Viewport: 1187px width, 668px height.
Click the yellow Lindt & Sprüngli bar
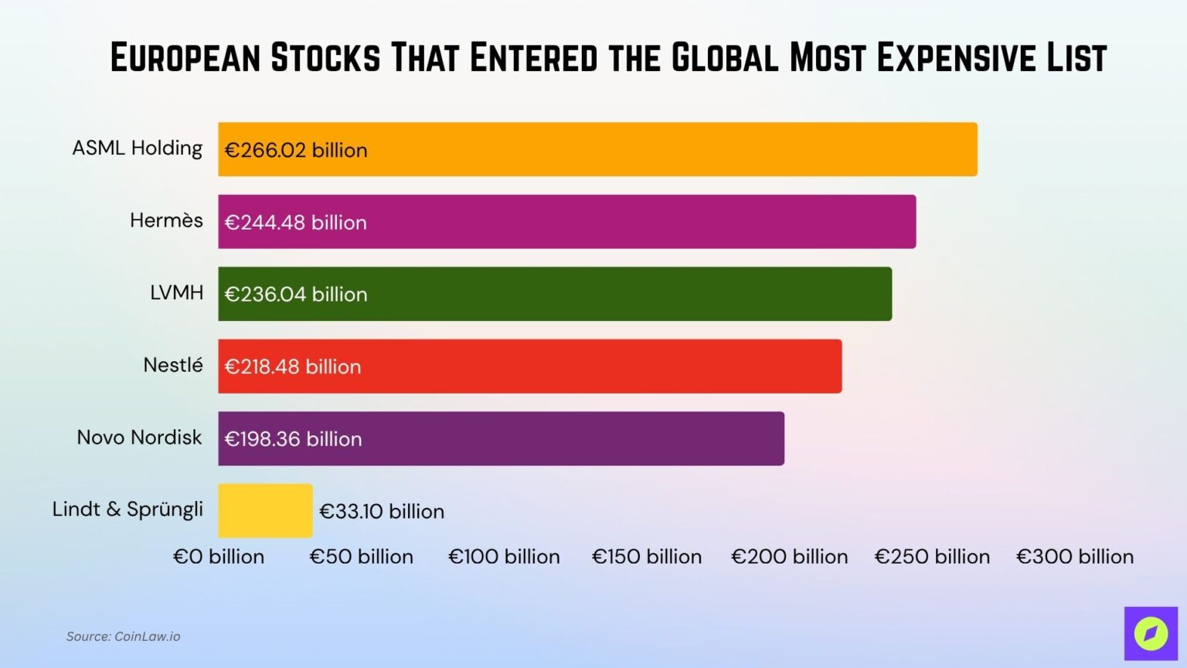click(265, 510)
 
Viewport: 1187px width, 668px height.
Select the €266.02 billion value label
click(296, 150)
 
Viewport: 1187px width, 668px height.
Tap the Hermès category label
click(166, 220)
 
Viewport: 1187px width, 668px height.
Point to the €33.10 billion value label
click(382, 511)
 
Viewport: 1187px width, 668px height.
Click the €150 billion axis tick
click(647, 557)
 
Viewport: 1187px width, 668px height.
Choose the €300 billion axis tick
click(1075, 557)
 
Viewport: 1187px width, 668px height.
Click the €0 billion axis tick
click(219, 557)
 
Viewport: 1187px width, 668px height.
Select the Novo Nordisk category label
click(139, 438)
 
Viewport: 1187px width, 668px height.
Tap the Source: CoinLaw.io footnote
click(123, 636)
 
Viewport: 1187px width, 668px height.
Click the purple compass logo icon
click(1151, 633)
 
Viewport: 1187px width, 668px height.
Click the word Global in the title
click(725, 58)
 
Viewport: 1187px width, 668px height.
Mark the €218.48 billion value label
click(293, 366)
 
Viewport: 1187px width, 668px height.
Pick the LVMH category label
click(177, 293)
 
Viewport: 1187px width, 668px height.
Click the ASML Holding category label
click(138, 148)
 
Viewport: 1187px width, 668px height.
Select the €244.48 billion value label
click(296, 223)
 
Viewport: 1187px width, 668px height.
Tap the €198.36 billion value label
click(293, 439)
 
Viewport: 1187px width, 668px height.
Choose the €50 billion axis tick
click(362, 557)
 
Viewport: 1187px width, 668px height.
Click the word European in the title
click(185, 58)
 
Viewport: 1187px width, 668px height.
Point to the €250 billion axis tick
click(932, 557)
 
